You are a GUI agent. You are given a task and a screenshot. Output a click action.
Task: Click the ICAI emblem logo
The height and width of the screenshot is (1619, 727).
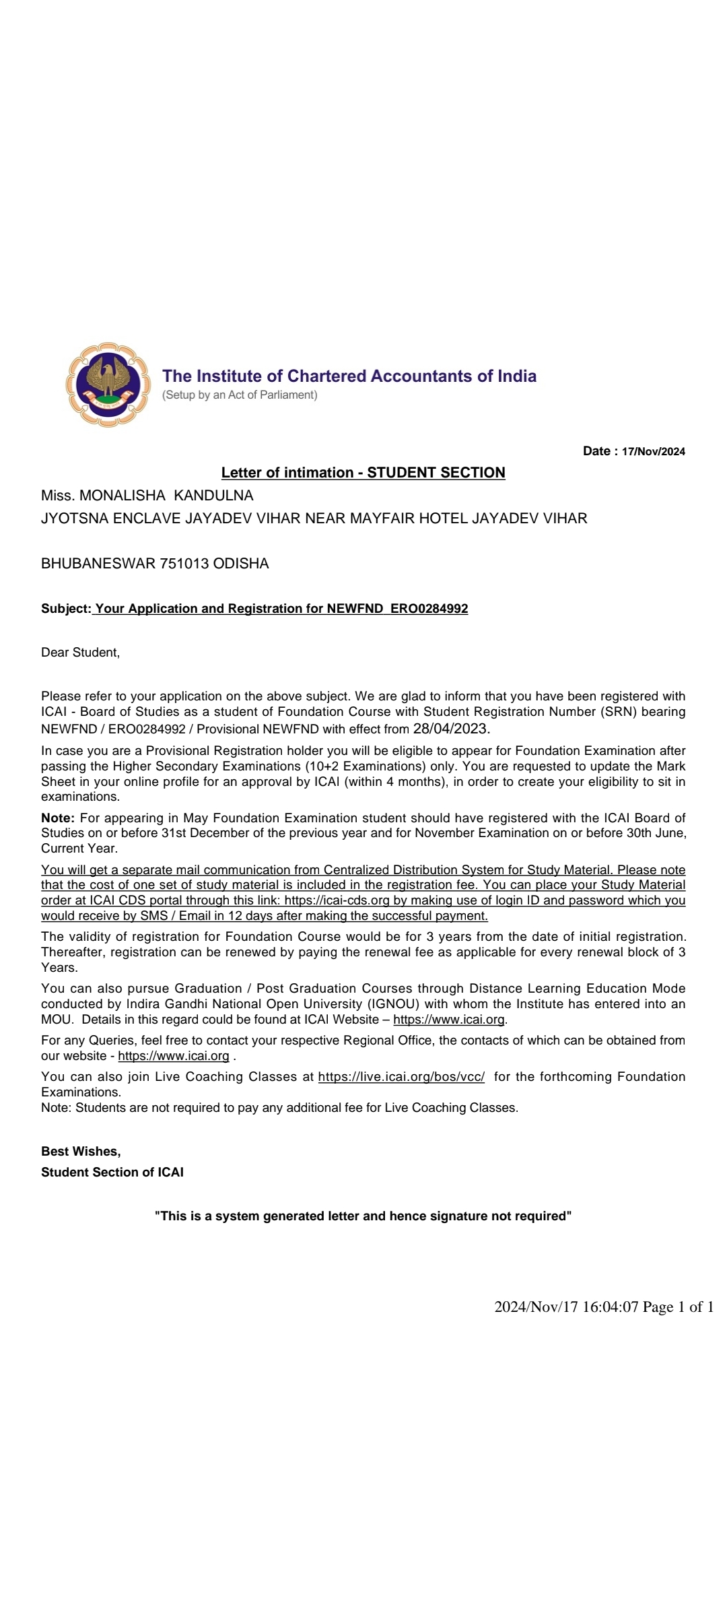[x=107, y=385]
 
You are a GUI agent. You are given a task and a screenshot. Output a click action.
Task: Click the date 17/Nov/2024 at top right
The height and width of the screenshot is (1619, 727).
[x=653, y=452]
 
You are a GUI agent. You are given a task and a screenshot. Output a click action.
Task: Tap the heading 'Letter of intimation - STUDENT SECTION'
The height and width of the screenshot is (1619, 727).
[x=363, y=473]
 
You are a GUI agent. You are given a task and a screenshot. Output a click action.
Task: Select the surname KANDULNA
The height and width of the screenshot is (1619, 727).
[x=213, y=496]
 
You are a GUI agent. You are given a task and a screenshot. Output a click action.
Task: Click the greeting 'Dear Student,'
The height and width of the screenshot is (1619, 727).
[x=80, y=653]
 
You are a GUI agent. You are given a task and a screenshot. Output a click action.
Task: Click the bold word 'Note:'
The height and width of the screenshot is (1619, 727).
[x=58, y=818]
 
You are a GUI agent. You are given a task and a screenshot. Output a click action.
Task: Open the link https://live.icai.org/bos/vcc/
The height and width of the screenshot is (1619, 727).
[x=401, y=1077]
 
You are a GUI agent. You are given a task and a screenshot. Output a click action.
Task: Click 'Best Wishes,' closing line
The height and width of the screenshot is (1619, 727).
[x=81, y=1152]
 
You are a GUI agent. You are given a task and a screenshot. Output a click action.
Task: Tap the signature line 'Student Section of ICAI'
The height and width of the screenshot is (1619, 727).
[x=112, y=1172]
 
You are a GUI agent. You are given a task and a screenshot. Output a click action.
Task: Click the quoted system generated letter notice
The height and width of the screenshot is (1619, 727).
[x=363, y=1216]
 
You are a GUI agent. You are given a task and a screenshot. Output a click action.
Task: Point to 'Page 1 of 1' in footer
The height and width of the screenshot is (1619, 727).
[x=678, y=1307]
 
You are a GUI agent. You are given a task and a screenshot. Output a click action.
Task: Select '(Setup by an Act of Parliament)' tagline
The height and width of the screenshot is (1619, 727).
[x=240, y=395]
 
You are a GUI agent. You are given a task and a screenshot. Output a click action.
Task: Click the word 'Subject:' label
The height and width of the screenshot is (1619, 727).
[x=65, y=609]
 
